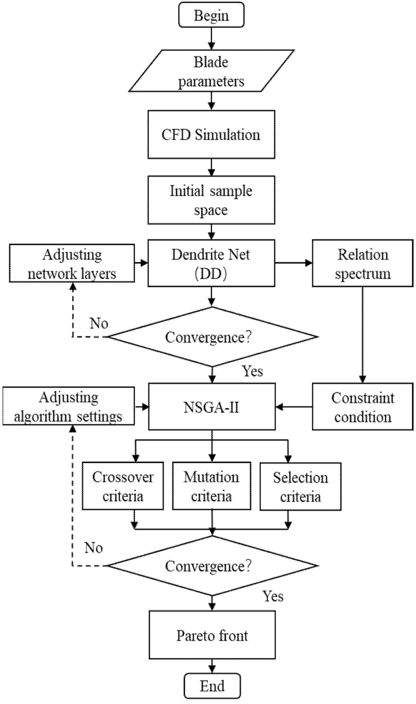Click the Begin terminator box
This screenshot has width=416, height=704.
[x=211, y=15]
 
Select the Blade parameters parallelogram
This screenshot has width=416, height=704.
[x=211, y=71]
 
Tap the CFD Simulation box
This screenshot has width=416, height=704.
[x=211, y=135]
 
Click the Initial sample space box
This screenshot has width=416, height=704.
[x=211, y=200]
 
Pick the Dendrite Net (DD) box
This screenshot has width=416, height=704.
[x=211, y=263]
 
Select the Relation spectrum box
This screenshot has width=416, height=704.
[x=362, y=263]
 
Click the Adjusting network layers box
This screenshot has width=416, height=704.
[x=72, y=263]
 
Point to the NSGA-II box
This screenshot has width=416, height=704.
[x=212, y=407]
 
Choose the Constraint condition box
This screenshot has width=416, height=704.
[x=362, y=407]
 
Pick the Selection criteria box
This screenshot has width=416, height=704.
[x=300, y=486]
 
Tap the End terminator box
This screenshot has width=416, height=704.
[x=212, y=686]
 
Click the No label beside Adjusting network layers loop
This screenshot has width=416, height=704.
[x=99, y=323]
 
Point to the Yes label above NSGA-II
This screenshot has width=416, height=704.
[x=252, y=371]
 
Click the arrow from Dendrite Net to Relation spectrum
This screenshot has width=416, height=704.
[x=293, y=263]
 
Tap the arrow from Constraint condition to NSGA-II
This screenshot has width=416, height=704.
[x=294, y=407]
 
